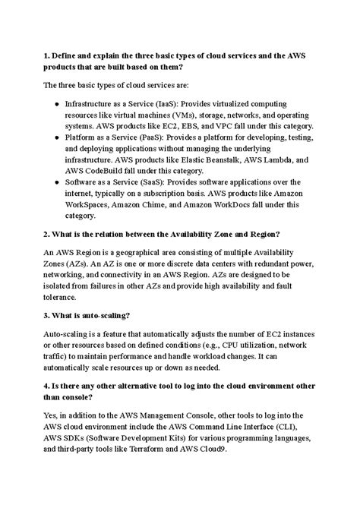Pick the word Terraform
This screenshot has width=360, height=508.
click(186, 450)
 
